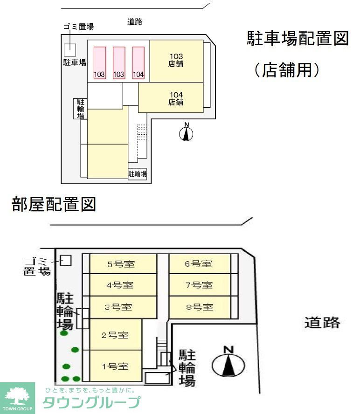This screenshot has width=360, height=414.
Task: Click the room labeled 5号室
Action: click(x=123, y=264)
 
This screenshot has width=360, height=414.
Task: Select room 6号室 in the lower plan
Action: click(x=200, y=264)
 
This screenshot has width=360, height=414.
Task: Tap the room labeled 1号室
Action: click(x=115, y=366)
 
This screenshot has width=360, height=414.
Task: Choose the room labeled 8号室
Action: click(x=200, y=307)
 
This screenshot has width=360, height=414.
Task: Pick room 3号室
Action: click(x=123, y=307)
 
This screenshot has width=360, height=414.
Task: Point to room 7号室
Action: click(x=200, y=285)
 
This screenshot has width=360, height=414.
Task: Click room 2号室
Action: click(x=115, y=335)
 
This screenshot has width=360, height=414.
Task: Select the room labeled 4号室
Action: click(x=123, y=285)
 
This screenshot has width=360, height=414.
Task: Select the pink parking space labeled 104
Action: click(x=138, y=63)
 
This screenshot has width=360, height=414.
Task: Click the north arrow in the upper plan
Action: click(x=187, y=133)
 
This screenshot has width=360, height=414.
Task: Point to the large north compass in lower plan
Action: click(x=228, y=363)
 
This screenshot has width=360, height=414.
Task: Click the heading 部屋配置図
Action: click(x=54, y=205)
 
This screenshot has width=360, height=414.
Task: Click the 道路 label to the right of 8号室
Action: click(x=322, y=322)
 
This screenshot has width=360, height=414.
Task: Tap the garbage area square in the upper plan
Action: click(x=69, y=48)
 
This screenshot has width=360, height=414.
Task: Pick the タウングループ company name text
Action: click(x=91, y=402)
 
